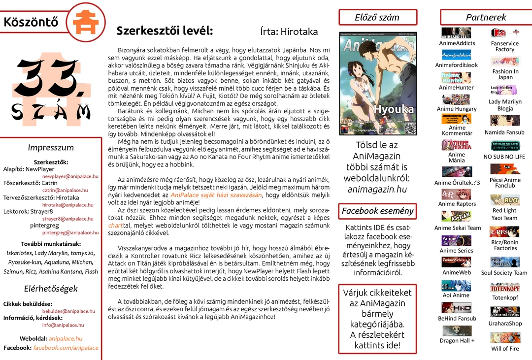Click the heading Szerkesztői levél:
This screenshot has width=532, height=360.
coord(165,31)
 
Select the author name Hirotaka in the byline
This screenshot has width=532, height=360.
coord(299,32)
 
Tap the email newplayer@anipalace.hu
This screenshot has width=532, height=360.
coord(70,176)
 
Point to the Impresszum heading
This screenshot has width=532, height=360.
coord(51,148)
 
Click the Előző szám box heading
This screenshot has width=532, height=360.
coord(377,17)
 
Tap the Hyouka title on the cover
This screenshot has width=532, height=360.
coord(394,109)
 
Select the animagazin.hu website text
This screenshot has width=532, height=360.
coord(377,189)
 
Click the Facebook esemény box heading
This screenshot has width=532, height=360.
coord(377,211)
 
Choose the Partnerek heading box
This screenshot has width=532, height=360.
coord(486,17)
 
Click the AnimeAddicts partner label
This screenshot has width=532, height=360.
coord(457,43)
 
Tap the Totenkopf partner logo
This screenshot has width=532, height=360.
coord(505,288)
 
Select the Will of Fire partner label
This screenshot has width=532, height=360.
coord(505,349)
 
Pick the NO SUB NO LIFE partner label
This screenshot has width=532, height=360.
coord(504,157)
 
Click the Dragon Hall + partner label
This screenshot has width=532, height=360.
coord(457,341)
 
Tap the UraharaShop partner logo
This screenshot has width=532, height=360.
coord(505,312)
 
